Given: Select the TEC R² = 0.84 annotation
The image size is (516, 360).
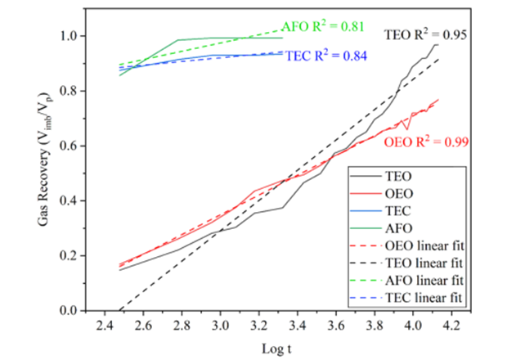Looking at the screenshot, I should (x=326, y=56).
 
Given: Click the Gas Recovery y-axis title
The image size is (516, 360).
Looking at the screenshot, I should (x=59, y=173).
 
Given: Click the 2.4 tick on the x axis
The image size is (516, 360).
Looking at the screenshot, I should (x=104, y=326).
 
